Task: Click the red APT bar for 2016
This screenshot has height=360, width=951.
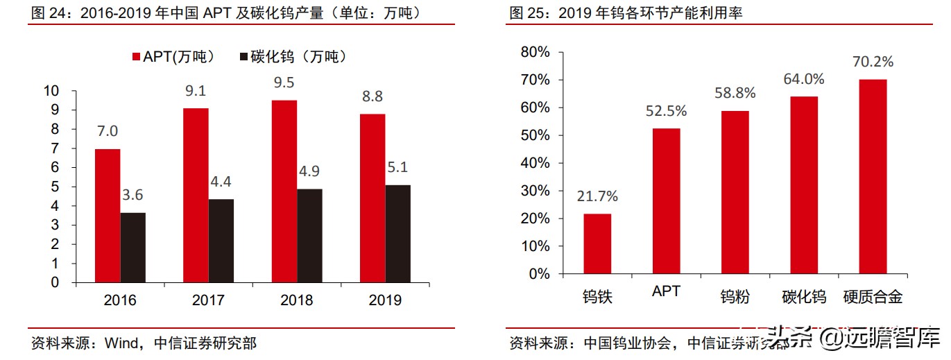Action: click(x=107, y=216)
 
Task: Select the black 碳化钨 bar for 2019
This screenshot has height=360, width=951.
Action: click(x=397, y=234)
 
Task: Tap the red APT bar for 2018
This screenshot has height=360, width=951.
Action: click(x=284, y=191)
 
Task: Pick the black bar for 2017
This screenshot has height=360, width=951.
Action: click(x=221, y=241)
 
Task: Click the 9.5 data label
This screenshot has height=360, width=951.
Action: click(x=284, y=83)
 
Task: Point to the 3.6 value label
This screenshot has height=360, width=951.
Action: click(x=132, y=196)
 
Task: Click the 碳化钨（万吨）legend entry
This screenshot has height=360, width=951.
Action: click(x=291, y=58)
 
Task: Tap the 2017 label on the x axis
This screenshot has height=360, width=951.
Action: click(x=209, y=300)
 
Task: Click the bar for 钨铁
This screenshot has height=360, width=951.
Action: click(x=597, y=243)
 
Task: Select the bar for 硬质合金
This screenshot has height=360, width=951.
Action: click(x=873, y=176)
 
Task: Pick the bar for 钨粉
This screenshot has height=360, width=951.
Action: click(x=735, y=192)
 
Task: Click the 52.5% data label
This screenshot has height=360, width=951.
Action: click(x=666, y=111)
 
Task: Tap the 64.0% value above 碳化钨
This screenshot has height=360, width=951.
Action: click(x=804, y=79)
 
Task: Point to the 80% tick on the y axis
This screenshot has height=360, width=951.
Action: click(x=535, y=52)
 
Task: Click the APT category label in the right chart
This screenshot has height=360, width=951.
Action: click(x=666, y=291)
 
